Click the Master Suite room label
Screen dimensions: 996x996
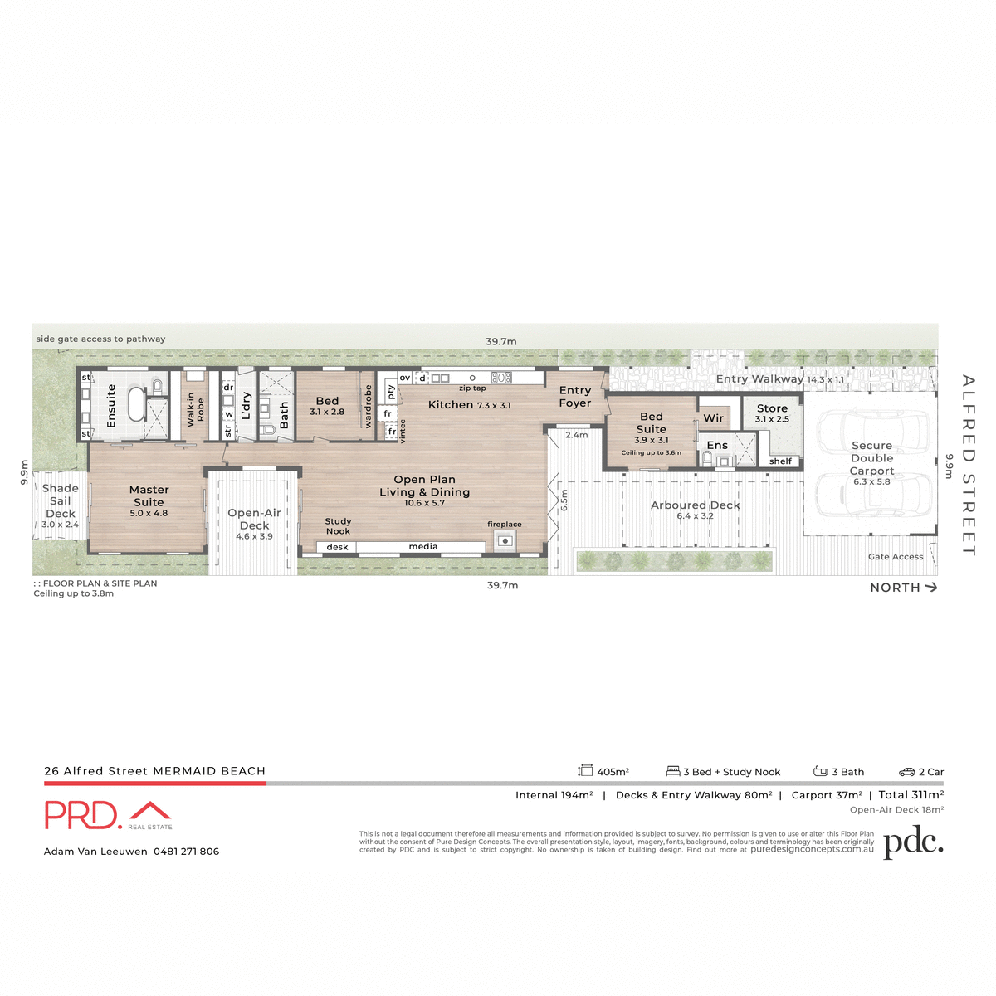point(149,496)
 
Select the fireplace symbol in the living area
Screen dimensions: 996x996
point(504,541)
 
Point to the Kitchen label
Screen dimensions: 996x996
point(451,405)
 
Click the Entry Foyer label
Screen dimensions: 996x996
point(575,397)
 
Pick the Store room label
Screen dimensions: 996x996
point(772,408)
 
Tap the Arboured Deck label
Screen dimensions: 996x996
point(696,505)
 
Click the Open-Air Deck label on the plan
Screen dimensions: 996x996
point(254,519)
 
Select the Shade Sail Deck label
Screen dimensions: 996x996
point(61,500)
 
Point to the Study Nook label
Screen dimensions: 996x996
point(338,526)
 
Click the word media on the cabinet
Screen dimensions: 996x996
point(423,547)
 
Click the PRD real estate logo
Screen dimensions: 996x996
point(108,815)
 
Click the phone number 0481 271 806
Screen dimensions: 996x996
point(187,852)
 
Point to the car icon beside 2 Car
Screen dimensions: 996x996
point(906,772)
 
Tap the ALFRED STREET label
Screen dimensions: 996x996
point(968,465)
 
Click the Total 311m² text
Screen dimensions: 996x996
point(911,795)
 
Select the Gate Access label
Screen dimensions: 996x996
point(896,557)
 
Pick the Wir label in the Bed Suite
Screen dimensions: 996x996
point(714,418)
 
